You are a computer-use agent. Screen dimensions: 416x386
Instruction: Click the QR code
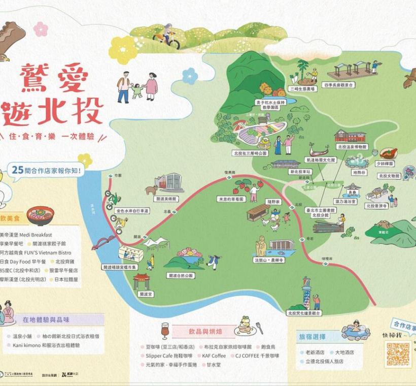click(x=398, y=354)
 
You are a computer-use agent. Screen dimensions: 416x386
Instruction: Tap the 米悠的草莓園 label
click(x=231, y=199)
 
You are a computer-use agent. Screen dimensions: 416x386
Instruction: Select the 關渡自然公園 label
click(x=180, y=275)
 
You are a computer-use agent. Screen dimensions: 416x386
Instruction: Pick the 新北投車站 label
click(x=300, y=172)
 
